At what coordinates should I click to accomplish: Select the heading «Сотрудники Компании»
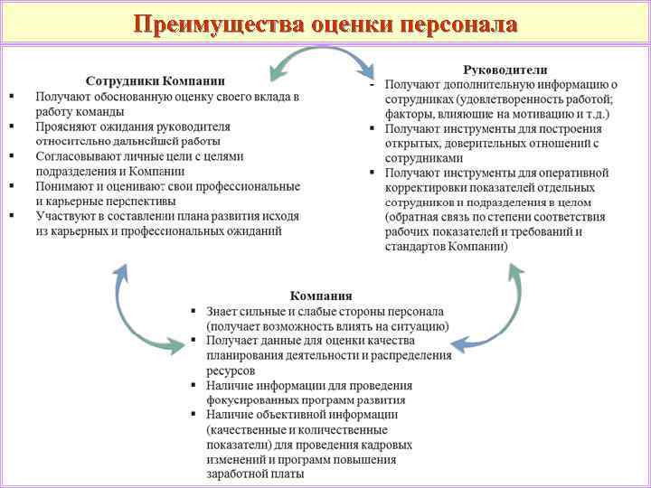156,80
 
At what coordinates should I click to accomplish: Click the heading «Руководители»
505,70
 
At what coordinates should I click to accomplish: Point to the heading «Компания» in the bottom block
321,296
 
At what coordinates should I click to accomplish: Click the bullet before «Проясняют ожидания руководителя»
11,127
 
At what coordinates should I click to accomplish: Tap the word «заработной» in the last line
238,473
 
